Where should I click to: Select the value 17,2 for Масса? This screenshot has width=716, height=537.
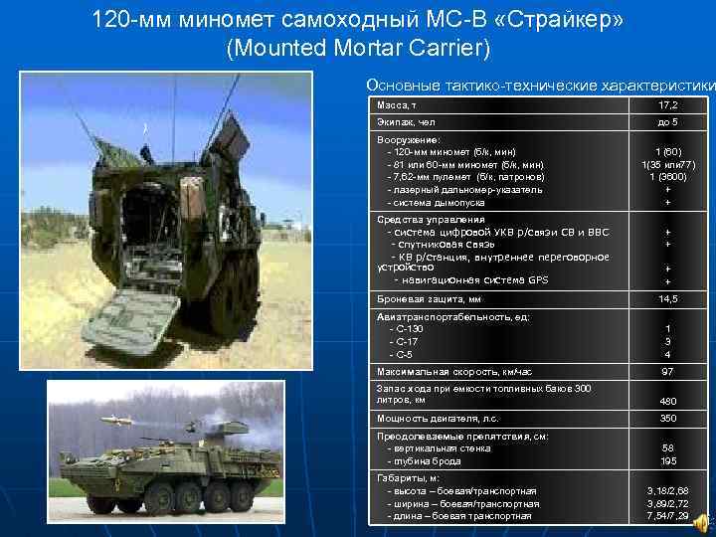[667, 104]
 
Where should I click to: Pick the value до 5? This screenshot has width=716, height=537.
[667, 121]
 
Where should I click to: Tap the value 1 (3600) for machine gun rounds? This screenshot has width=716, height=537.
[667, 176]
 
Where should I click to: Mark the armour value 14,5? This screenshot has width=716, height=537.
[667, 298]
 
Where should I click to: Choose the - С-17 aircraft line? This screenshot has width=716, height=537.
[406, 341]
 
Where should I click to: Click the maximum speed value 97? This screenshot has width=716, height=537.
[667, 371]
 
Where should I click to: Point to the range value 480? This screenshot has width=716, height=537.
[667, 401]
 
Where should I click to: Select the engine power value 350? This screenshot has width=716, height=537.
[667, 418]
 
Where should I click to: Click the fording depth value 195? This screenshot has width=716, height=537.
[667, 461]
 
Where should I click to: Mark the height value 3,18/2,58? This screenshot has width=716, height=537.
[667, 491]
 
